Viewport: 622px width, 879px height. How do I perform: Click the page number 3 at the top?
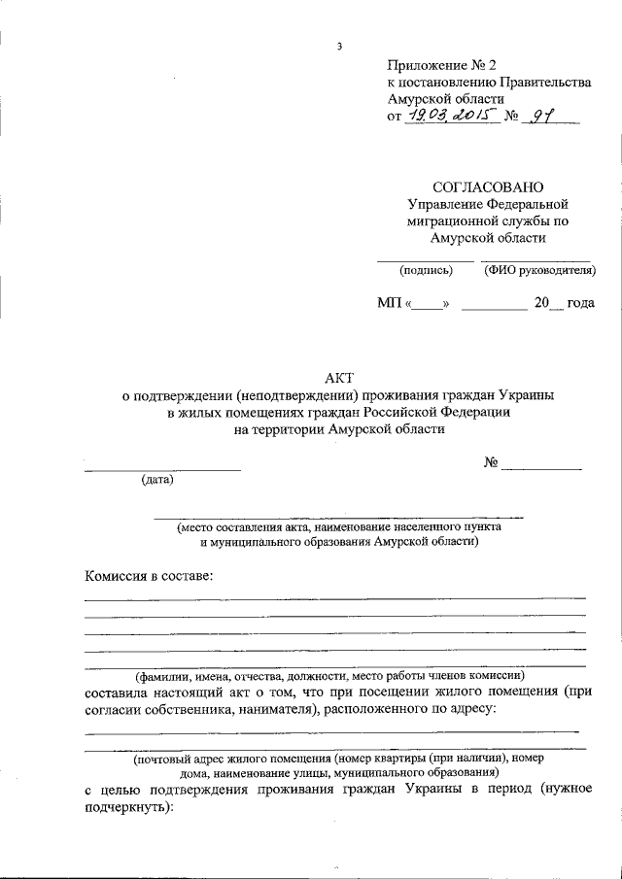point(339,46)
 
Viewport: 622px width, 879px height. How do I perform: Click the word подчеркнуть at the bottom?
point(126,806)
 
